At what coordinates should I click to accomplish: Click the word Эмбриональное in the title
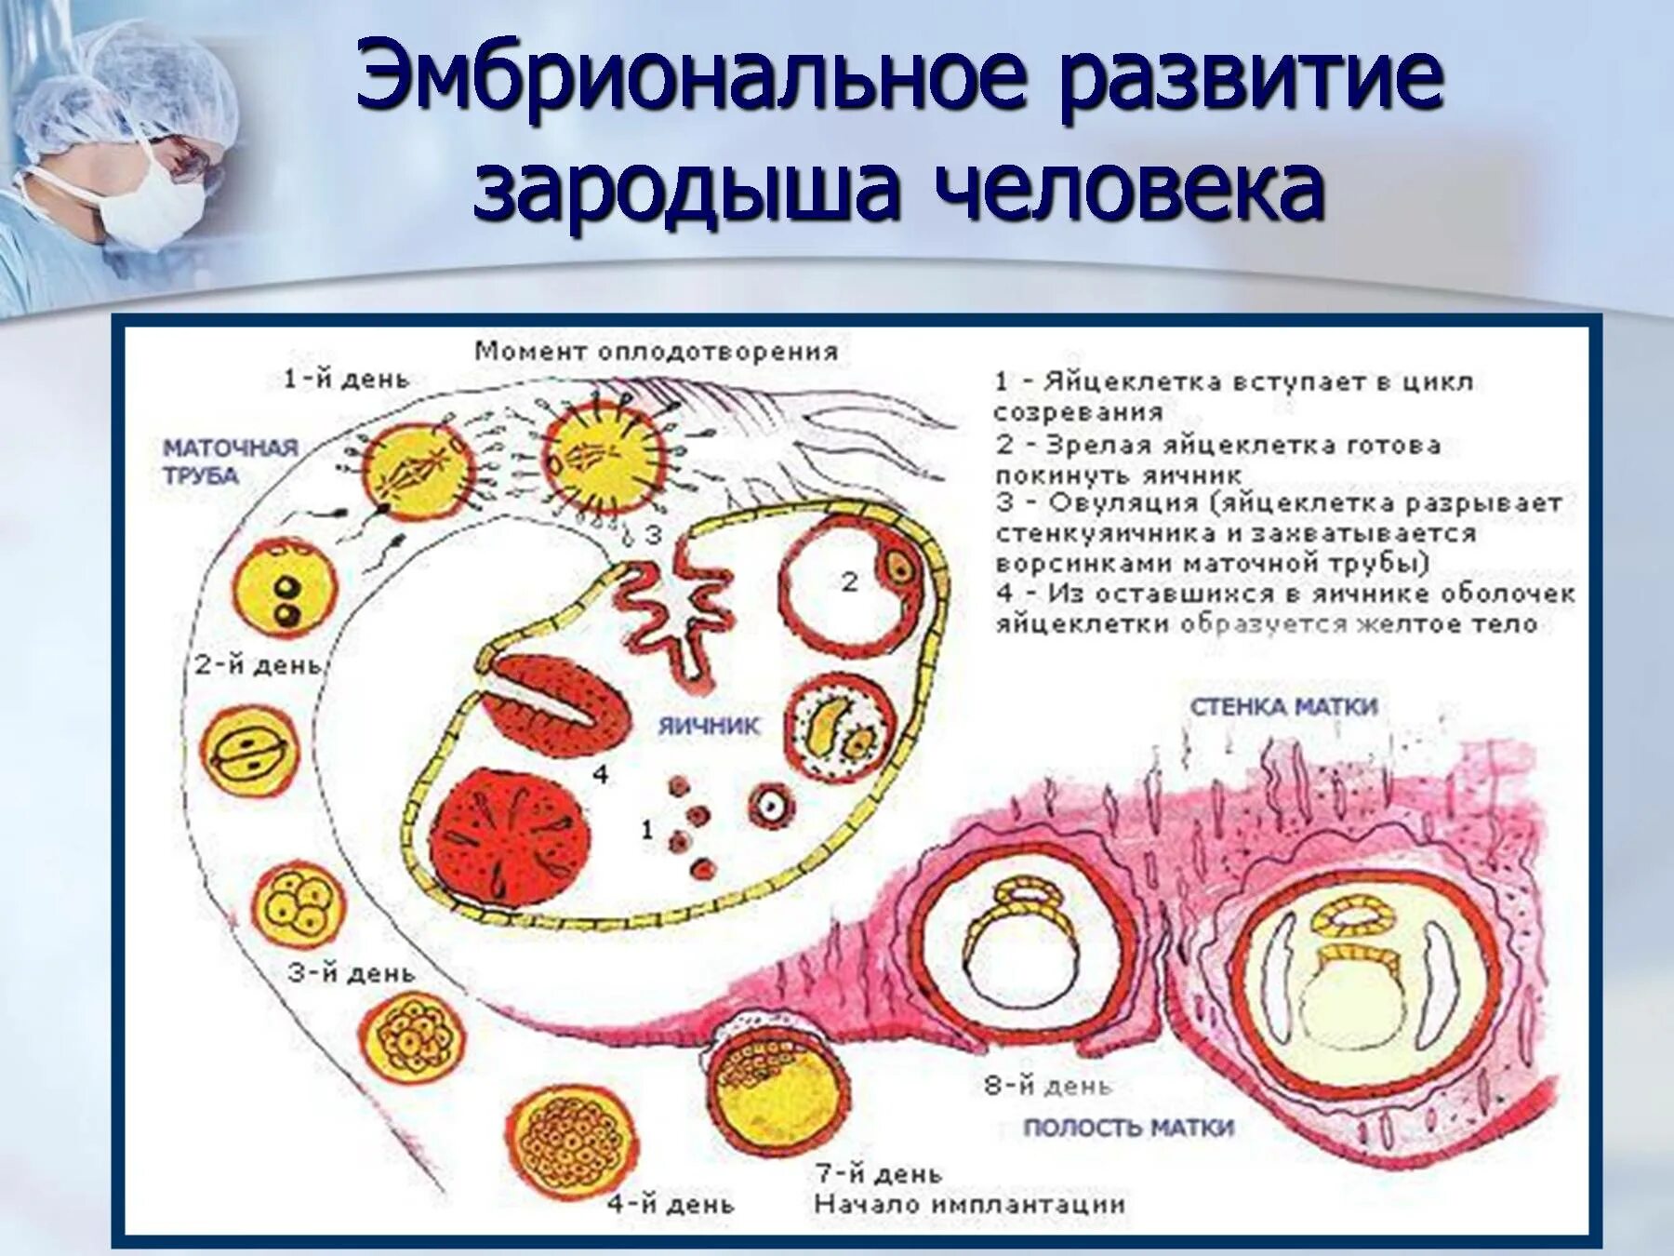(692, 79)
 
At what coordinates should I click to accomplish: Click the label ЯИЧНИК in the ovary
(709, 727)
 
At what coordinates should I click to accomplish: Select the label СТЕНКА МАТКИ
(1283, 707)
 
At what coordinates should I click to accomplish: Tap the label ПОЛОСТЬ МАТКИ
(1128, 1128)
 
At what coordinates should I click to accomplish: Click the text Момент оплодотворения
(656, 352)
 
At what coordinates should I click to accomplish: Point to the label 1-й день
(346, 379)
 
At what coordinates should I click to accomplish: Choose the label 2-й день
(258, 665)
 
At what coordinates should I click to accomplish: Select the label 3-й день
(351, 973)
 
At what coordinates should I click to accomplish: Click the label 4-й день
(671, 1204)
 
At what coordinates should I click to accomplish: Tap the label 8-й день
(1047, 1085)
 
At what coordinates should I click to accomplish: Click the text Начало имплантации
(969, 1204)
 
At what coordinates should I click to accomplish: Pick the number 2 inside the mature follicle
(849, 582)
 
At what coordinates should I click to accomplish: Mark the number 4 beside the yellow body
(601, 773)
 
